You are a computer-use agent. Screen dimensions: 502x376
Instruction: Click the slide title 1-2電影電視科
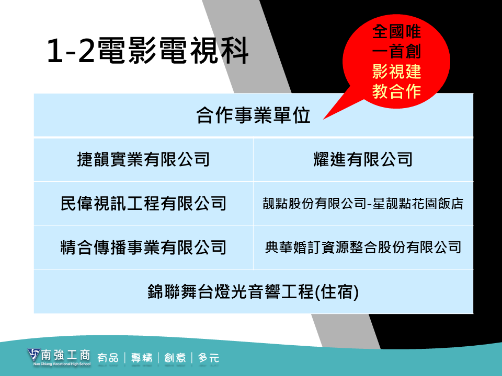point(147,50)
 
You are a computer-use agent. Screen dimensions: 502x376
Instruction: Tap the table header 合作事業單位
point(253,115)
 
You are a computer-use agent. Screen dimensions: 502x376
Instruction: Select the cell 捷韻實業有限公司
point(143,159)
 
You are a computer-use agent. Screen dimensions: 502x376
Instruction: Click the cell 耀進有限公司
point(363,159)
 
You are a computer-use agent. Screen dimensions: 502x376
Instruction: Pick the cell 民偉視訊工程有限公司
point(143,203)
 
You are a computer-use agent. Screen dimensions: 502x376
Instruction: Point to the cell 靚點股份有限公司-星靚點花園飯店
point(363,203)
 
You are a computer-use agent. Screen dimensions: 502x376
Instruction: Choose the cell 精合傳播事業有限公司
point(143,248)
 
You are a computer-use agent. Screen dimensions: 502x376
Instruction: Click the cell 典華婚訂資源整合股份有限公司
point(363,248)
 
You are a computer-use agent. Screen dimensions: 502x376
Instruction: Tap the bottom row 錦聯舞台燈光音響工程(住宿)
point(253,291)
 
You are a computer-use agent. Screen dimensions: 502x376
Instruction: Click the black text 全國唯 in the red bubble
point(396,32)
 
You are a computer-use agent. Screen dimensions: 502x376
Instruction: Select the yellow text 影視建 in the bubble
point(396,72)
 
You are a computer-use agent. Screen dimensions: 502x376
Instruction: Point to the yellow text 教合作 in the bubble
point(396,91)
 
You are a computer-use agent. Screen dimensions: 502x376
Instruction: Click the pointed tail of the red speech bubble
point(323,119)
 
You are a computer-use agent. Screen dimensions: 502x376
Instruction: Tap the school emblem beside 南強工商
point(33,355)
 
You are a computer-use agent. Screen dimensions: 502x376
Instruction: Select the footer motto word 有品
point(108,358)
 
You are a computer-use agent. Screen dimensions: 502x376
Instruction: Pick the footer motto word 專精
point(142,358)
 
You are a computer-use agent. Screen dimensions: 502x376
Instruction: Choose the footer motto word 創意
point(175,358)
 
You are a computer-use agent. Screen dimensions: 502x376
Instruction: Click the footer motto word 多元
point(209,358)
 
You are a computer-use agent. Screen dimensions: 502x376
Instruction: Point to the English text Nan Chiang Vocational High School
point(62,364)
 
